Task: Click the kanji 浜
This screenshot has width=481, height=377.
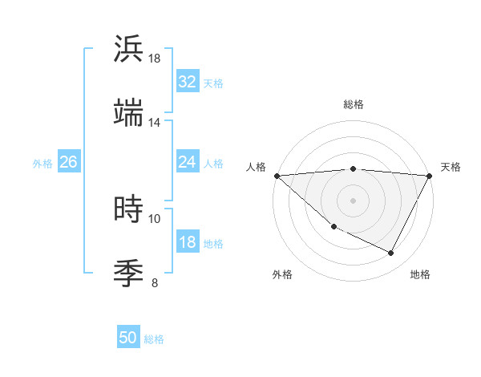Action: (x=129, y=49)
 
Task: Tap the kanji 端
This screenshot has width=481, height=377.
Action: (x=129, y=113)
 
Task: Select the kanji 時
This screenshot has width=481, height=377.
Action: (x=129, y=209)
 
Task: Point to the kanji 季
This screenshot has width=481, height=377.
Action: (x=129, y=274)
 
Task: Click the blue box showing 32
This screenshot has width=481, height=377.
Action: (x=187, y=82)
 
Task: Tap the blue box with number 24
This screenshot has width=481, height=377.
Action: (x=187, y=162)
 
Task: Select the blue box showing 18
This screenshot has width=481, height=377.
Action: (x=187, y=242)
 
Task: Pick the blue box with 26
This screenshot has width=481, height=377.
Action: (x=68, y=162)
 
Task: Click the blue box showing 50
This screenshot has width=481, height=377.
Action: (x=128, y=338)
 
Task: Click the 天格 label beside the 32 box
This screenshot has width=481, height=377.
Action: (x=213, y=83)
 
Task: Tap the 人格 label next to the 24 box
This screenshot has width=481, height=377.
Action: (x=213, y=164)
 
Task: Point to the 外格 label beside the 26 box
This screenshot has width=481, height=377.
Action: (x=42, y=164)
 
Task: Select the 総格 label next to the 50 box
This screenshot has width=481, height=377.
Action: (x=154, y=339)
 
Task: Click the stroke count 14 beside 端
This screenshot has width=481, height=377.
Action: (x=154, y=122)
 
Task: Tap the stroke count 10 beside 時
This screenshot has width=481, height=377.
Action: (x=154, y=218)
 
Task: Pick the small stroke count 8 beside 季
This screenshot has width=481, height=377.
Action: (x=155, y=282)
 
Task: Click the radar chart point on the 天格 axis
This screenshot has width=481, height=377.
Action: (x=430, y=176)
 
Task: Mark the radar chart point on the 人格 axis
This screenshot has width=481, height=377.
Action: (x=277, y=176)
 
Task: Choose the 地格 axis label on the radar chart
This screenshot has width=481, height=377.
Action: (x=420, y=274)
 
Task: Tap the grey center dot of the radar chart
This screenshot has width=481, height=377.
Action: (x=354, y=201)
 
